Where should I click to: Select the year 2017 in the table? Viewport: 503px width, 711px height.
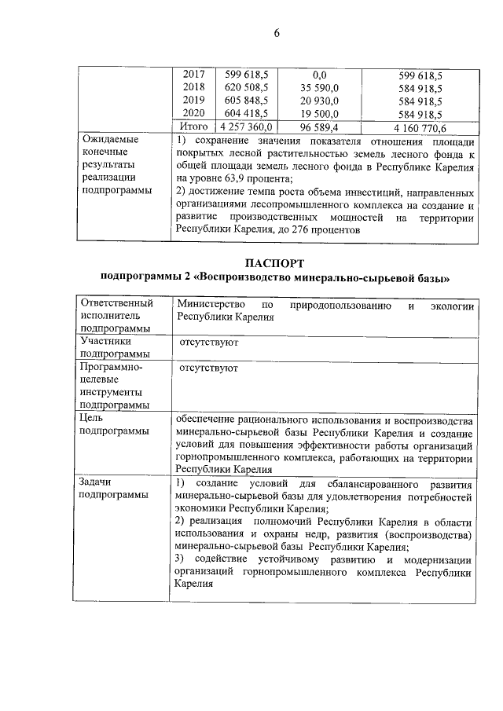[x=193, y=75]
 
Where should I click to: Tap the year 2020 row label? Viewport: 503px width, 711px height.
[x=193, y=114]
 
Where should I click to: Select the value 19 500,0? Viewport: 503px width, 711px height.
[x=320, y=114]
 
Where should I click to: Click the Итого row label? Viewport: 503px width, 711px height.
[x=193, y=127]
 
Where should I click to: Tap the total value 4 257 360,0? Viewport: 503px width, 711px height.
[x=245, y=127]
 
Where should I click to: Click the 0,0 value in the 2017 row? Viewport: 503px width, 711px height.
[x=318, y=75]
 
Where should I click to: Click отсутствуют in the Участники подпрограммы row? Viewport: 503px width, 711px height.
[x=208, y=343]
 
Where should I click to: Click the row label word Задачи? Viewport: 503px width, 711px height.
[x=94, y=482]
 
